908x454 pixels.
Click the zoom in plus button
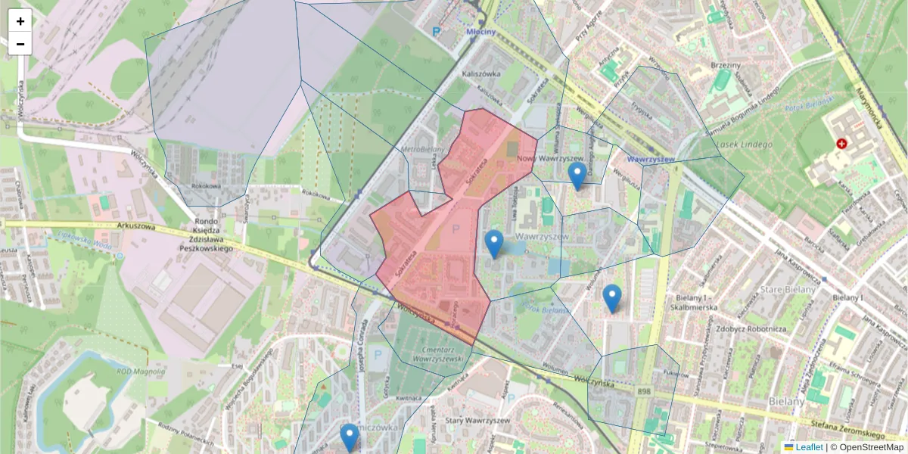click(x=20, y=21)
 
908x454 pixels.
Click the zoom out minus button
click(x=20, y=44)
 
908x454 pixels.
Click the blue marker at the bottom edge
click(x=349, y=437)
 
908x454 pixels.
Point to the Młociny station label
click(x=480, y=32)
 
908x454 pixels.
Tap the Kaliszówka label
click(x=481, y=74)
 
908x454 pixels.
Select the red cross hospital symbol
click(x=841, y=143)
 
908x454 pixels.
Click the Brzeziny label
click(x=726, y=66)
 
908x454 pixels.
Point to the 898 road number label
click(x=644, y=390)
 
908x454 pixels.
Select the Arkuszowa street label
click(x=136, y=225)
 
